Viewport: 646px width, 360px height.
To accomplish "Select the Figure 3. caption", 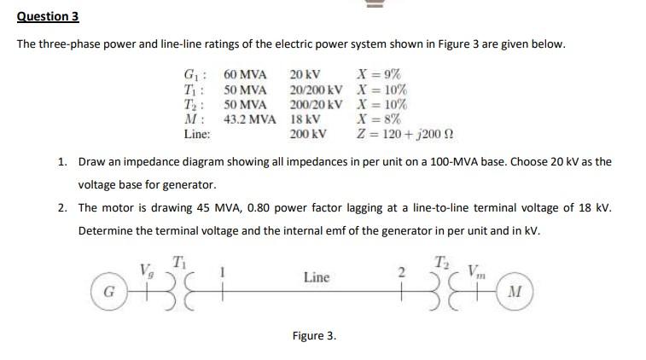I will click(314, 335).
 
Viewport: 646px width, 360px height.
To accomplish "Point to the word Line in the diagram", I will click(316, 277).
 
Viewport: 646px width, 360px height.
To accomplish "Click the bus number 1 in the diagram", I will click(223, 272).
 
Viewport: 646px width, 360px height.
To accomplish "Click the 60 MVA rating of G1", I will click(246, 75).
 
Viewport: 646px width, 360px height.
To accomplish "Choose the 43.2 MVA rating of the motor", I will click(250, 119).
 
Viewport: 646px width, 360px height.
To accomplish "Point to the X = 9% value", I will click(381, 75).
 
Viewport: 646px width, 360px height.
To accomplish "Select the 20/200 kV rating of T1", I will click(317, 90).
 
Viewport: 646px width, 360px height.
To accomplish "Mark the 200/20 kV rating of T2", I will click(317, 104).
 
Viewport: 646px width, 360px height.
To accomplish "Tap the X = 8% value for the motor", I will click(381, 119).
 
